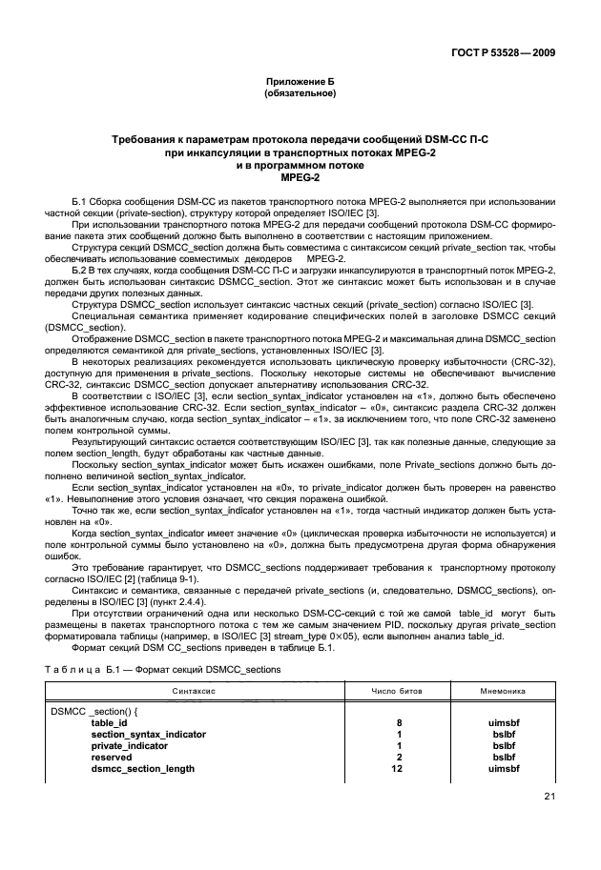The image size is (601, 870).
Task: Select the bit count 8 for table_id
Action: pos(399,723)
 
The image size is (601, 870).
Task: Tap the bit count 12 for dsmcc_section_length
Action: pos(399,768)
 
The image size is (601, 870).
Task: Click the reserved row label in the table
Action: pos(110,757)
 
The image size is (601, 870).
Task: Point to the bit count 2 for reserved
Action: pos(399,757)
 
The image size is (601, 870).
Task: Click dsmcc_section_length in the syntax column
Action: pos(142,768)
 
